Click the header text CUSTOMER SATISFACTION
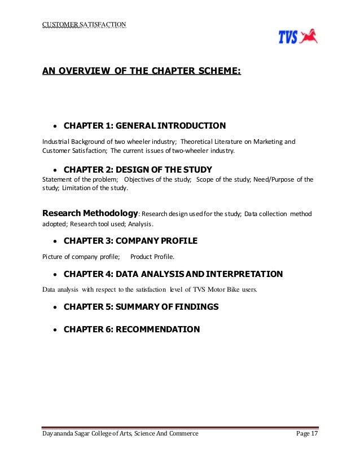coord(84,24)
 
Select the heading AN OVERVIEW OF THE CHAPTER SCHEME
coord(142,71)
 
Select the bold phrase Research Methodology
coord(90,213)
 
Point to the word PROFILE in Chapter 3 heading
coord(176,241)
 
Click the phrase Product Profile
coord(152,257)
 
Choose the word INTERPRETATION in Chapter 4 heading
coord(244,274)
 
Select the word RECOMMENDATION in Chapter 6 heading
coord(157,329)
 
